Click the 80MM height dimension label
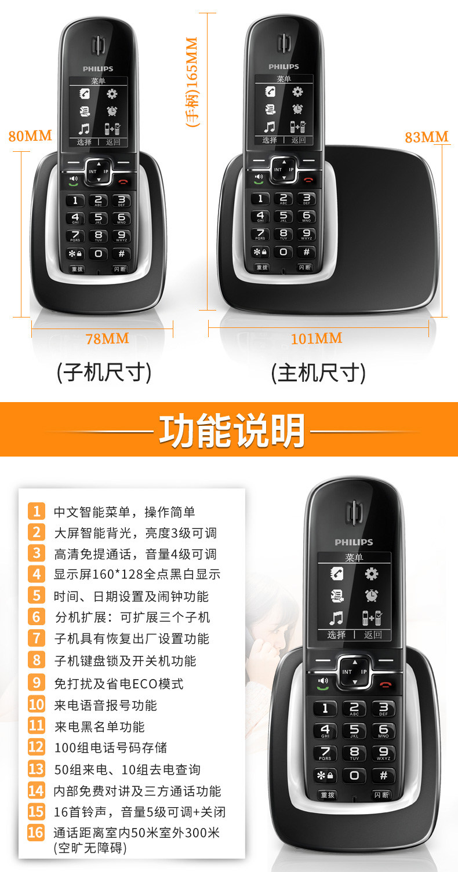click(30, 136)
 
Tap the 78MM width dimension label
click(107, 339)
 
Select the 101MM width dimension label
click(317, 338)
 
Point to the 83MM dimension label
click(427, 137)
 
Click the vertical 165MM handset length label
click(192, 82)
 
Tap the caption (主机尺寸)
click(319, 373)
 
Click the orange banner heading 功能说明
click(232, 430)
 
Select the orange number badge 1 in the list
click(36, 511)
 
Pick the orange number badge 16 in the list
click(36, 832)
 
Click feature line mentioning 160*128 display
click(137, 574)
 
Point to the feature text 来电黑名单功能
click(100, 727)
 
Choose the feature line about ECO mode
click(119, 684)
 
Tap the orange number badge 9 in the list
click(36, 683)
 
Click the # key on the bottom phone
click(383, 775)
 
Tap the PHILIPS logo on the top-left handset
click(98, 69)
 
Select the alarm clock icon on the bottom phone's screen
click(371, 595)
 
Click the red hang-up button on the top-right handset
click(308, 180)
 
